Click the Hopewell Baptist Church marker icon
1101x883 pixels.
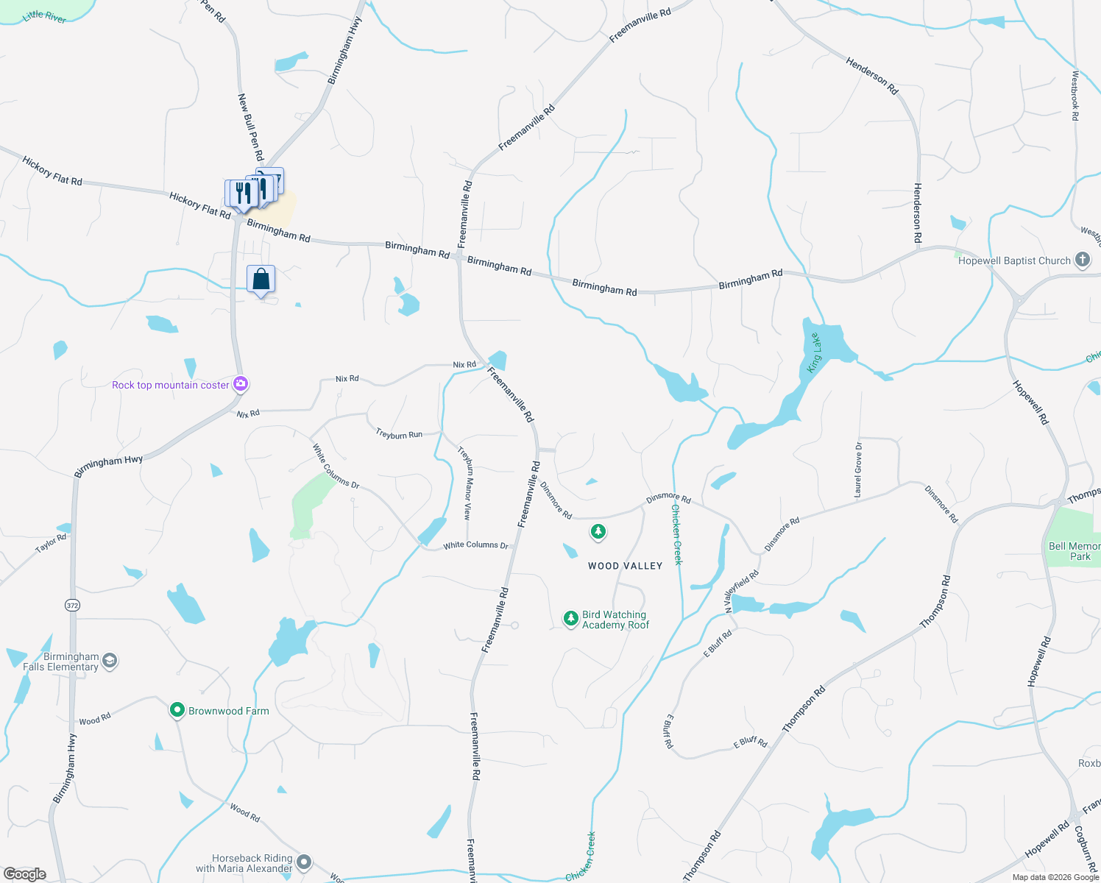pos(1082,260)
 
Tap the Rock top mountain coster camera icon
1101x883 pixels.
pos(240,384)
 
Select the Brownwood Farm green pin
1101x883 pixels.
pos(177,710)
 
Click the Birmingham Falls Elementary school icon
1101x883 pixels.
pos(110,660)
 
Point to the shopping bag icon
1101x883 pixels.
pos(261,280)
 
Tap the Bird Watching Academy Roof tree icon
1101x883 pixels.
pos(570,619)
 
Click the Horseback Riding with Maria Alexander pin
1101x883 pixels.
pos(304,862)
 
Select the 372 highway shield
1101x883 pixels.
pos(72,605)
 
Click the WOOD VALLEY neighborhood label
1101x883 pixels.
pos(625,566)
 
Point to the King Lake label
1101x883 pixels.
pos(814,352)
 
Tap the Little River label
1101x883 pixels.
pos(44,16)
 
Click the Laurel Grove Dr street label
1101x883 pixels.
pos(858,469)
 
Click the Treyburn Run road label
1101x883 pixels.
pos(399,434)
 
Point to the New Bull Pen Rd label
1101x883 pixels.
pos(250,127)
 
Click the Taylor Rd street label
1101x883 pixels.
pos(51,544)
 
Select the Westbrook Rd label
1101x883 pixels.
pos(1075,95)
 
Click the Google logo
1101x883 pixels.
pos(25,874)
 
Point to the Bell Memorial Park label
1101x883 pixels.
pos(1075,551)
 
